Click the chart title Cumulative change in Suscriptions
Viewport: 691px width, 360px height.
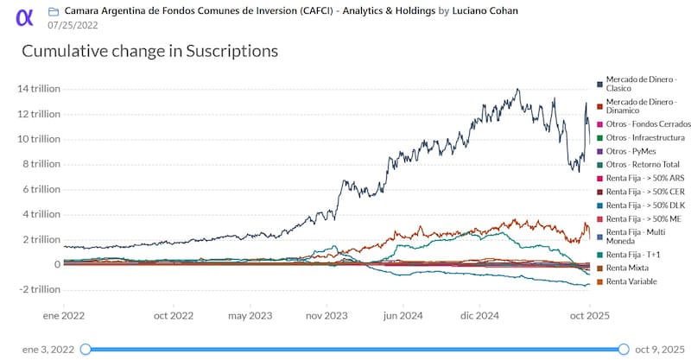coord(149,52)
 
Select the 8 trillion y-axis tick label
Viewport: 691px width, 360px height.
coord(39,164)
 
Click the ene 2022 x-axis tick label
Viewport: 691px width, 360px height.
coord(66,316)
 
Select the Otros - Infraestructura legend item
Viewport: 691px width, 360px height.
coord(645,137)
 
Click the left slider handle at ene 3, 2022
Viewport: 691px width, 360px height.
coord(86,349)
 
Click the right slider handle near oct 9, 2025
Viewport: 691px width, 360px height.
coord(624,349)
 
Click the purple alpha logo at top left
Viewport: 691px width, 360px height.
coord(25,17)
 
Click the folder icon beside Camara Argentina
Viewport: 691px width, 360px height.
coord(54,12)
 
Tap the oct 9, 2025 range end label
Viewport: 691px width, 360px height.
coord(658,349)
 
